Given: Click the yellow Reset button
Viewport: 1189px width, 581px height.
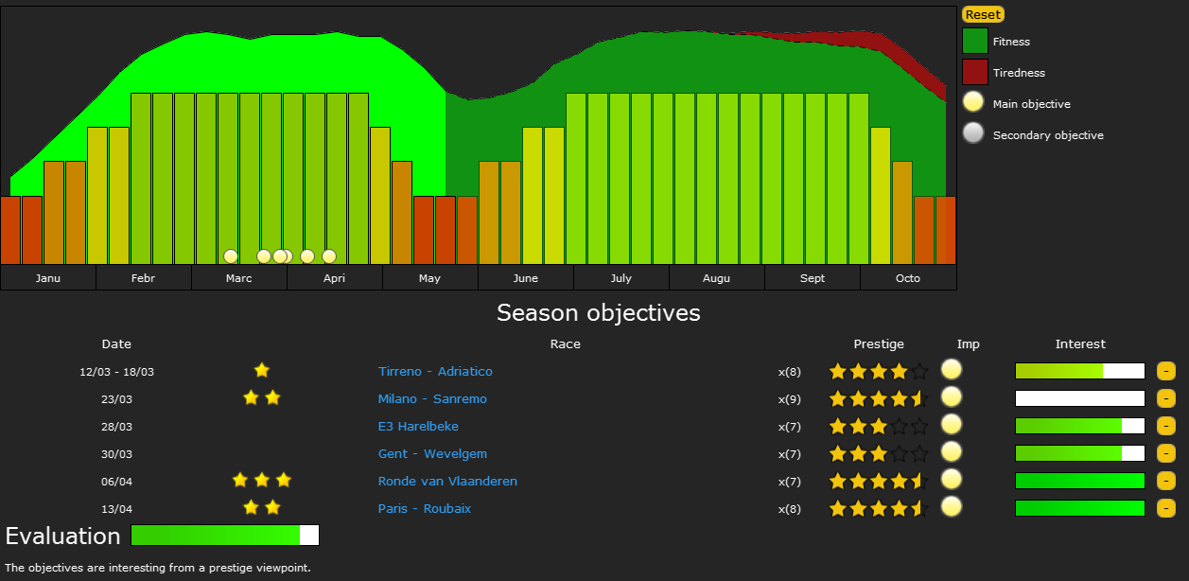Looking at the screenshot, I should tap(983, 14).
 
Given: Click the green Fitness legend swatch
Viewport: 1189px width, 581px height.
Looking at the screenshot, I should tap(975, 42).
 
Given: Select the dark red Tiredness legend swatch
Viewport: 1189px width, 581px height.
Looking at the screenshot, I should tap(975, 73).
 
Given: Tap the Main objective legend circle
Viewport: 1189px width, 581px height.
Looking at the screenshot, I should tap(974, 104).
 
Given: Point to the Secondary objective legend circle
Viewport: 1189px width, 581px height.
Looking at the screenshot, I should tap(974, 134).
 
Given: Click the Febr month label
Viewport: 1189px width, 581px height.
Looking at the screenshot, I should tap(143, 278).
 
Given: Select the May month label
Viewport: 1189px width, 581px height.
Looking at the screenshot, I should tap(429, 278).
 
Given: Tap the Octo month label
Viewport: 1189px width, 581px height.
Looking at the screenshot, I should tap(908, 278).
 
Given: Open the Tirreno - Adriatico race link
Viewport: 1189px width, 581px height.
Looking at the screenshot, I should tap(435, 371).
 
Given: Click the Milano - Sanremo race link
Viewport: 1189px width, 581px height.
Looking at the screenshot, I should tap(432, 398).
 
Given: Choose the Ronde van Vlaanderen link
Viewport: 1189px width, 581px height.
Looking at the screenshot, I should tap(447, 481).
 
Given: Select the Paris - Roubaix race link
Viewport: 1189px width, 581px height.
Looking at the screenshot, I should tap(425, 508).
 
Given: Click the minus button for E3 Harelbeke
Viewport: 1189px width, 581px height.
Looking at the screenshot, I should tap(1165, 426).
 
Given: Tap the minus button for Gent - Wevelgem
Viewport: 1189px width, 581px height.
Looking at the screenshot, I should tap(1165, 453).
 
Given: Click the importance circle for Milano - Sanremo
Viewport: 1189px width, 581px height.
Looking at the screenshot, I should tap(952, 397).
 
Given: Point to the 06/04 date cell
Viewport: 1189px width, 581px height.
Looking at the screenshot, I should tap(116, 481).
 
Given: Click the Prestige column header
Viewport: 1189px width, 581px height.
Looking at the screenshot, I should tap(879, 343).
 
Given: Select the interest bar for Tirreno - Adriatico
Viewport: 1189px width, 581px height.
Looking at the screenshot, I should tap(1079, 371).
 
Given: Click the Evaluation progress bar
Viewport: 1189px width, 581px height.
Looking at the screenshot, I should tap(225, 536).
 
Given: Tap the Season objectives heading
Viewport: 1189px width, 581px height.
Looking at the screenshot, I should tap(599, 312).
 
